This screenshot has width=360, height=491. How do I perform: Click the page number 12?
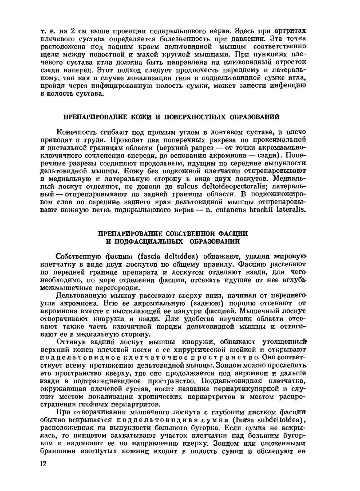[x=44, y=464]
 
